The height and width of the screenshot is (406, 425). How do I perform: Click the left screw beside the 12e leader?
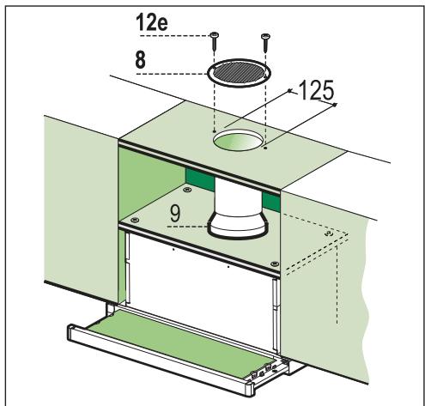click(x=214, y=36)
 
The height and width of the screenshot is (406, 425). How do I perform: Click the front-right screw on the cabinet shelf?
click(x=274, y=264)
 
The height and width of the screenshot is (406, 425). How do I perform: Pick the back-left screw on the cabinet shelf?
click(x=131, y=220)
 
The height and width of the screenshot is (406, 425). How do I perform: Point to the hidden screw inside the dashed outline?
click(x=329, y=232)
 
